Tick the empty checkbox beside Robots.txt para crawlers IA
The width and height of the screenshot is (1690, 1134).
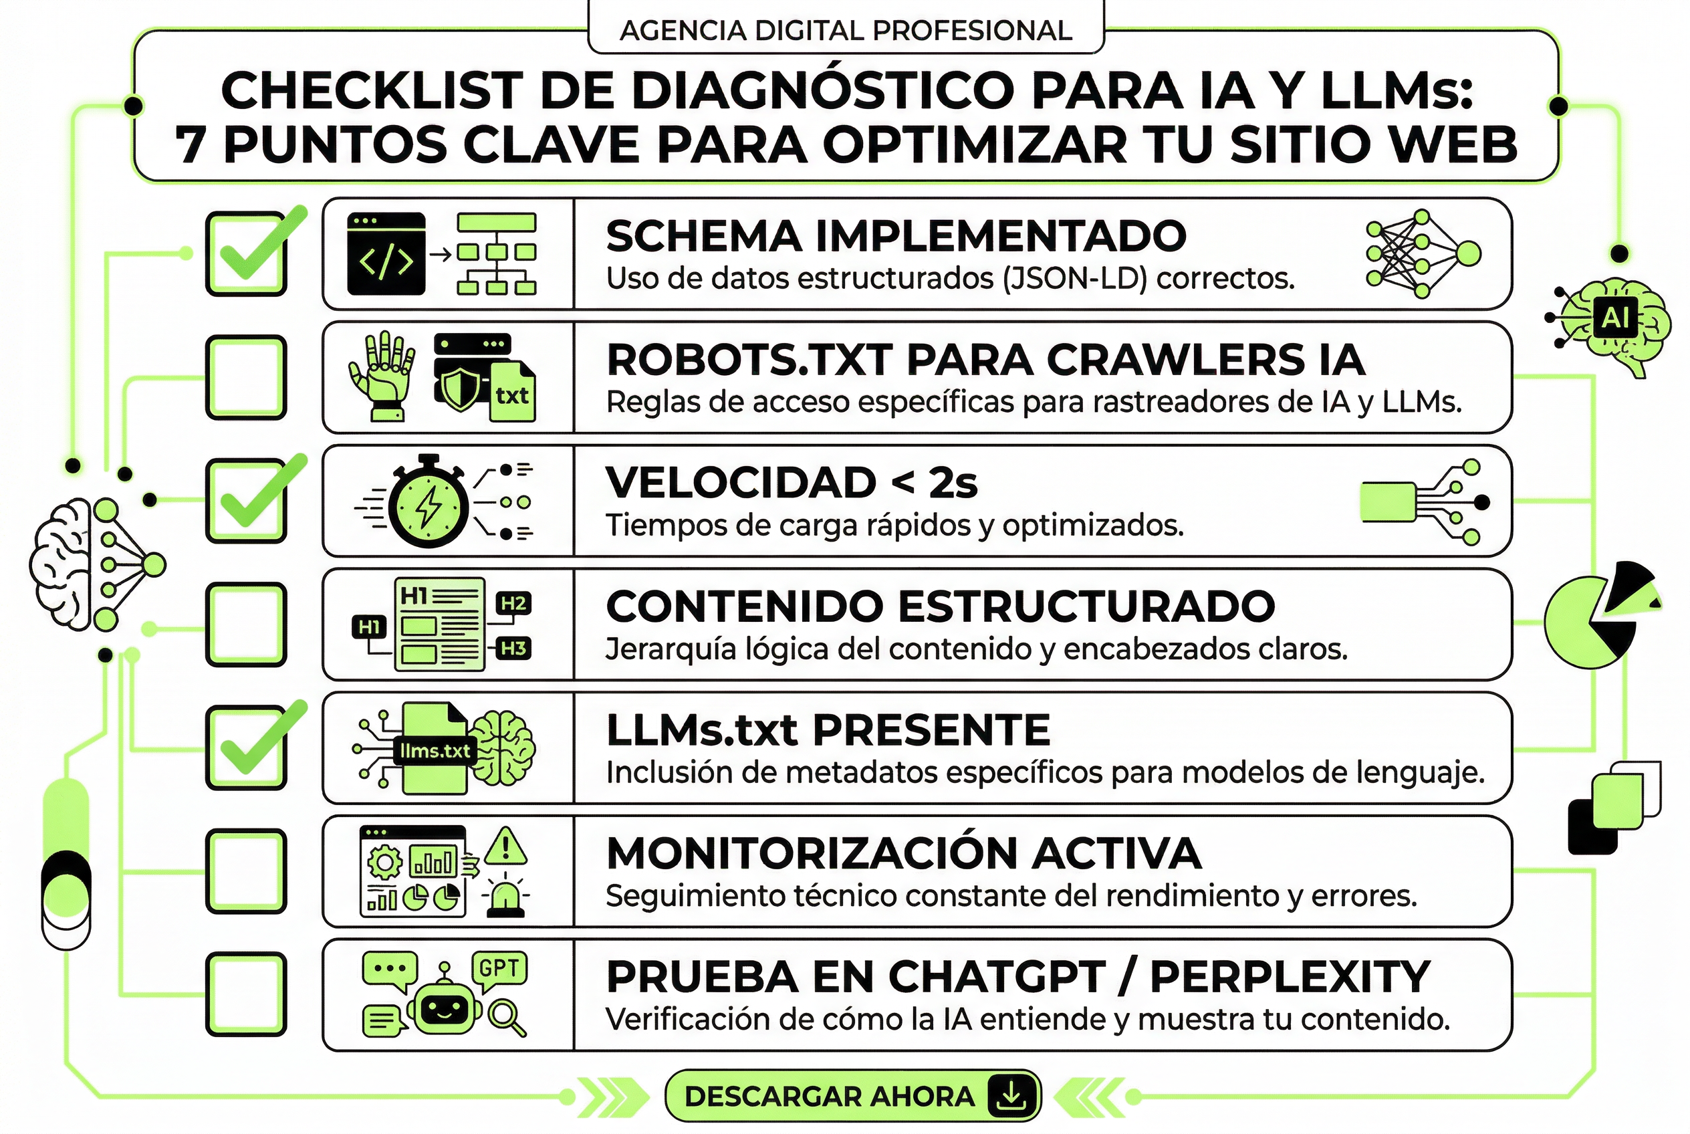point(246,377)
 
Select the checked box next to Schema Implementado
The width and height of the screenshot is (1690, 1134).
point(246,254)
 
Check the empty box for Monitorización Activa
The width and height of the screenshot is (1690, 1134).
point(246,871)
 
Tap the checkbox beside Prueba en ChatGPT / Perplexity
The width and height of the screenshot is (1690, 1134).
point(246,994)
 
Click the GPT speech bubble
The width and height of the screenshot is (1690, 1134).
point(499,968)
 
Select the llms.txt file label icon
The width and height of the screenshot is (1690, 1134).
point(435,751)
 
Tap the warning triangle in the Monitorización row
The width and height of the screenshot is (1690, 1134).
point(505,846)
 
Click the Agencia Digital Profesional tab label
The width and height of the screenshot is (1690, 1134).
point(846,30)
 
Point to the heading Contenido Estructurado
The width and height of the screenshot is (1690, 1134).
point(940,606)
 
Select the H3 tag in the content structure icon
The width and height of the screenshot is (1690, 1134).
point(513,648)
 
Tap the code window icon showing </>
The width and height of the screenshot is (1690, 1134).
point(386,254)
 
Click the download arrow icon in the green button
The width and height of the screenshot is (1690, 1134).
point(1010,1097)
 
